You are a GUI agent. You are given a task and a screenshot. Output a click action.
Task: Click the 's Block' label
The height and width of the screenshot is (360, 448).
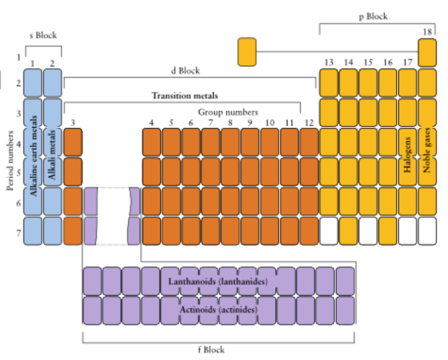(x=43, y=35)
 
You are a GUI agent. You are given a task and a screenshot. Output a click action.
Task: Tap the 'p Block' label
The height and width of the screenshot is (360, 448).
(x=373, y=17)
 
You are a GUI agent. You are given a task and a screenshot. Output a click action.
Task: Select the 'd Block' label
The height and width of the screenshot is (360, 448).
(x=185, y=71)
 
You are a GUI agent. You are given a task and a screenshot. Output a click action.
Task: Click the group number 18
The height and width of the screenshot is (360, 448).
(x=427, y=32)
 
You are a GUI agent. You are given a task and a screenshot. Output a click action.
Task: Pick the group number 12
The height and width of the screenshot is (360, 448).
(x=308, y=122)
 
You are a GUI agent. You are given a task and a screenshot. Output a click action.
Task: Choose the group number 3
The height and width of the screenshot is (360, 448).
(x=73, y=122)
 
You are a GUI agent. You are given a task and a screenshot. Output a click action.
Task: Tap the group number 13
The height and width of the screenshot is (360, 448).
(x=329, y=62)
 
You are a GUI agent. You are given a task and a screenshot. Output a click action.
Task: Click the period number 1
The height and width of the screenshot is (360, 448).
(x=18, y=57)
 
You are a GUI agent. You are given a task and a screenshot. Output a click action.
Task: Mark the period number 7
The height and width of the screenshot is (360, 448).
(x=18, y=232)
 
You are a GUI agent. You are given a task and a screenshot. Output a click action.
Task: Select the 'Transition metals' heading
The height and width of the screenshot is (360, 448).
(x=185, y=95)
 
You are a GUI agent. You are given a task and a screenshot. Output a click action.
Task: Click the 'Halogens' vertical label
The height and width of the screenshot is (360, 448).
(x=408, y=154)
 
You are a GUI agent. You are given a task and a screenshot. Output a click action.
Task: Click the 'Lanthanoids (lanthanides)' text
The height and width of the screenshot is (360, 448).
(x=218, y=282)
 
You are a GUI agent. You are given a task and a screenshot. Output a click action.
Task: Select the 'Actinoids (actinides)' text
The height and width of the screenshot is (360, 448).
(x=218, y=310)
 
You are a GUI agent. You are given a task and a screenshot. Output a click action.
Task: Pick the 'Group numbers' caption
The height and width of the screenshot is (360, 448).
(x=228, y=113)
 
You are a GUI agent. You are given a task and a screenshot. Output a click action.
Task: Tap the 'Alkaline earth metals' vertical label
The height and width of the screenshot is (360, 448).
(x=33, y=155)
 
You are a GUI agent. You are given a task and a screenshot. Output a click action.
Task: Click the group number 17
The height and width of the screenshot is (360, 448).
(x=408, y=62)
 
